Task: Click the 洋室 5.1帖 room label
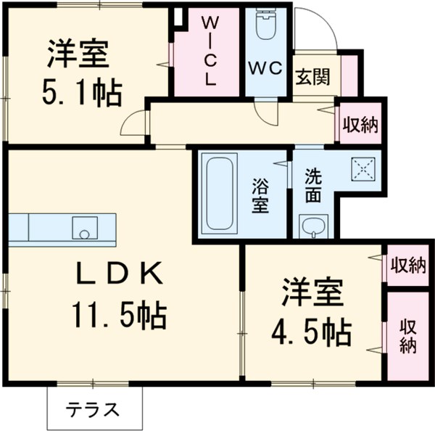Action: click(79, 73)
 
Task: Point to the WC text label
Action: click(265, 68)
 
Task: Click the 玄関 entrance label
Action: click(314, 75)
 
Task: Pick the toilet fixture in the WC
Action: click(265, 28)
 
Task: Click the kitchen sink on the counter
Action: click(83, 229)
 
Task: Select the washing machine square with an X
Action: click(362, 168)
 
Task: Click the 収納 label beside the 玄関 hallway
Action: click(360, 125)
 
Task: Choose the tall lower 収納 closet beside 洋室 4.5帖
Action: click(407, 335)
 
